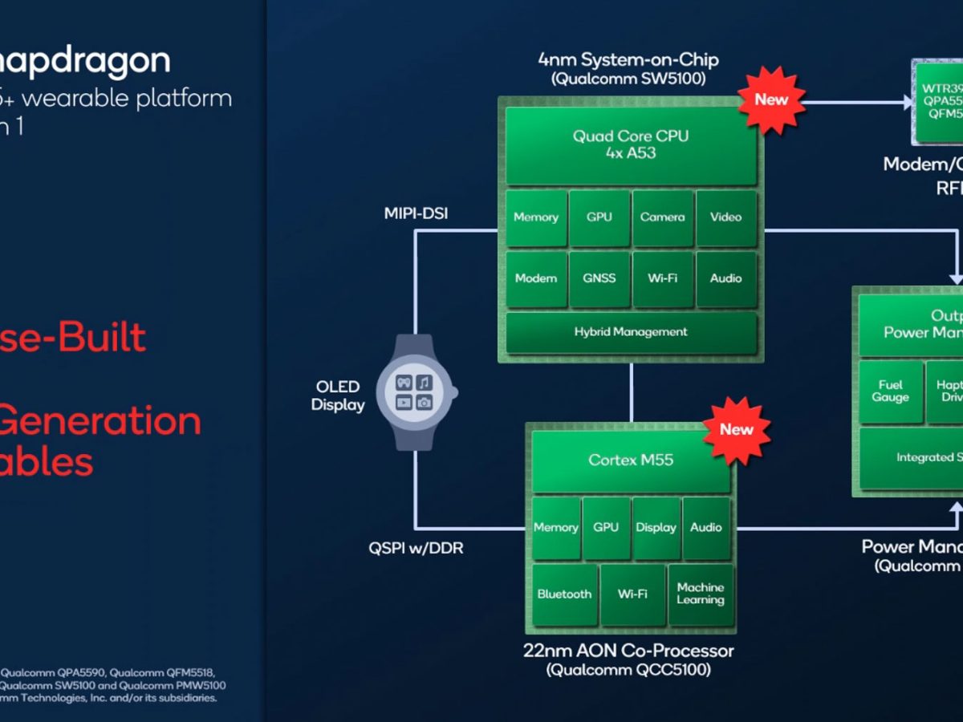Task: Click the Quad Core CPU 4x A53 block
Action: (x=631, y=144)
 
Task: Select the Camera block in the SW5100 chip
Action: (x=663, y=217)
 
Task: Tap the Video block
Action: (x=726, y=217)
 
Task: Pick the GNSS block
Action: (x=599, y=278)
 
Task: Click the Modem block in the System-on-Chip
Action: (x=536, y=278)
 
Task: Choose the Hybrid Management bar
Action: (x=631, y=332)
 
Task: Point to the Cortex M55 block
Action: (x=631, y=460)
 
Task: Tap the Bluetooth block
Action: (x=565, y=594)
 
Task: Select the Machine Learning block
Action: (x=700, y=594)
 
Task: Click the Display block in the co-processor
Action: (x=656, y=528)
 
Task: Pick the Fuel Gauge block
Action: (x=890, y=391)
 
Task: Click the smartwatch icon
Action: (x=416, y=391)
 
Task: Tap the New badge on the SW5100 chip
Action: (x=771, y=100)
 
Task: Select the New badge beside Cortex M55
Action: (x=736, y=430)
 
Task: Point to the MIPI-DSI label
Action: (x=416, y=214)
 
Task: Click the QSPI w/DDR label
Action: (x=416, y=549)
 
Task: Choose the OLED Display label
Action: (x=338, y=395)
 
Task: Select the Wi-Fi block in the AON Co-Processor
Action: (x=632, y=594)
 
